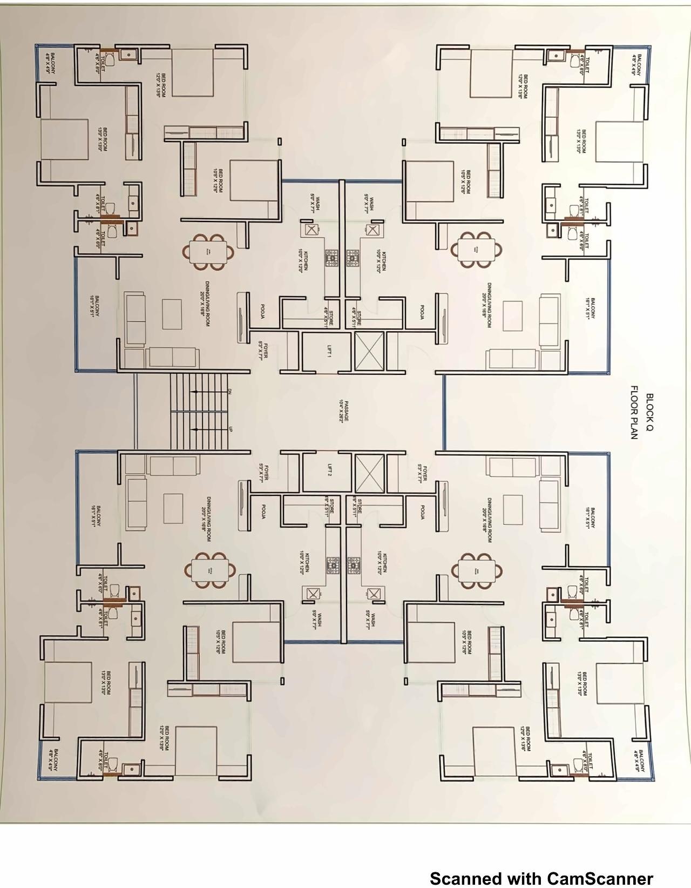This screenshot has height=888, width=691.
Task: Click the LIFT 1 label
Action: pyautogui.click(x=329, y=353)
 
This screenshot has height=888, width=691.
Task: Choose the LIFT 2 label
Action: pyautogui.click(x=329, y=470)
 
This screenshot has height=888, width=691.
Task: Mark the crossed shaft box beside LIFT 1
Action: pyautogui.click(x=369, y=352)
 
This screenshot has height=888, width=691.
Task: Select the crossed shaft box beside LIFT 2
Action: pyautogui.click(x=369, y=473)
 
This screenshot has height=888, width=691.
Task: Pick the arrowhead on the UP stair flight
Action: pyautogui.click(x=193, y=429)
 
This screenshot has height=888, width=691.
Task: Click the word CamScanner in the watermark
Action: pyautogui.click(x=600, y=878)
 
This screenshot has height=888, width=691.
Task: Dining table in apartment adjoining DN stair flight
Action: pyautogui.click(x=209, y=252)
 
